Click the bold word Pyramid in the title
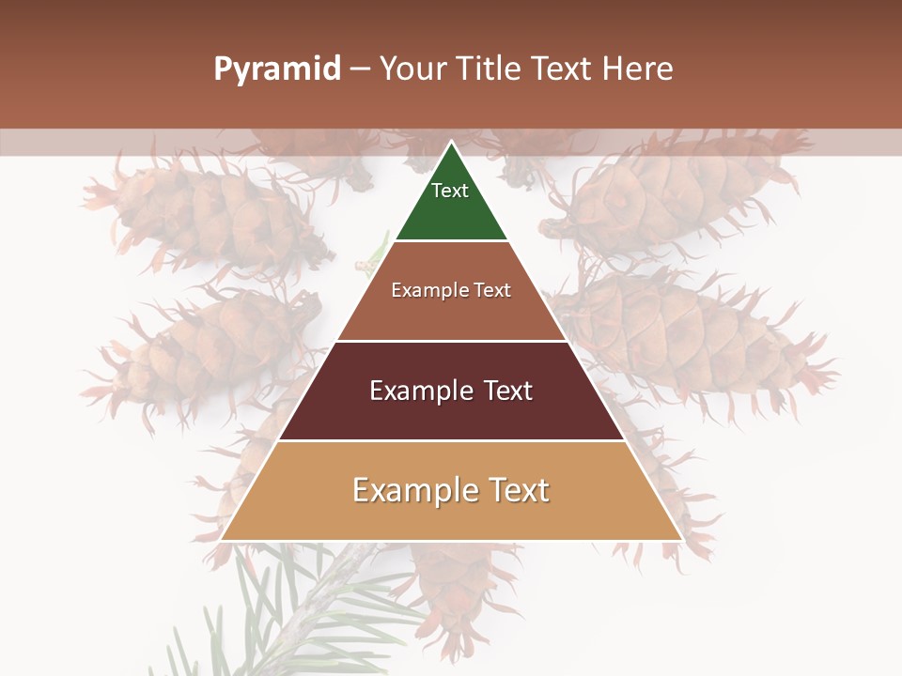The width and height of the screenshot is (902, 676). click(x=276, y=69)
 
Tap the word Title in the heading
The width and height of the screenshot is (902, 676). click(x=490, y=69)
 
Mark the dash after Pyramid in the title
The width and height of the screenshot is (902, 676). click(x=360, y=69)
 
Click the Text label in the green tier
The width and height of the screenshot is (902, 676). click(x=450, y=191)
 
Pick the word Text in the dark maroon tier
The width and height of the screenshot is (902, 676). click(x=507, y=391)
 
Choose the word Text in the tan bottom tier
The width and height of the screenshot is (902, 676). click(x=516, y=490)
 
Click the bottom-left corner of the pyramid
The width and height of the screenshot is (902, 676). click(x=221, y=540)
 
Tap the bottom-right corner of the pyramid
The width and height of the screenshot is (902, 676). click(x=681, y=540)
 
